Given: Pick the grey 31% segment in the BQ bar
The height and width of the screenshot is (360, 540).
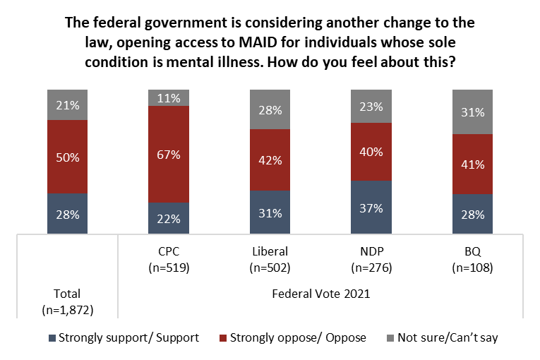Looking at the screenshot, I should point(472,112).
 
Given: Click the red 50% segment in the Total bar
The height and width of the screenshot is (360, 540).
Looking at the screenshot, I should point(68,156).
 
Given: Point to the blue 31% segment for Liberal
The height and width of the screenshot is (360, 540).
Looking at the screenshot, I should point(270,212).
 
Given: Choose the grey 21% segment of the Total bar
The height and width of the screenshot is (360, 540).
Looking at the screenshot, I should point(68,104).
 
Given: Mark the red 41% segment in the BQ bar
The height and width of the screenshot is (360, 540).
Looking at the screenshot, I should point(472,164).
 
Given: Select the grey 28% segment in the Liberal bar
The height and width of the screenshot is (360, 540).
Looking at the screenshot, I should point(270,109).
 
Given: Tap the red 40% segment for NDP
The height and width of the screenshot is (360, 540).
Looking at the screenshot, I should point(371,151).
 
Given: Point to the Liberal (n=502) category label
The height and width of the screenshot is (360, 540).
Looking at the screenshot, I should point(270,260).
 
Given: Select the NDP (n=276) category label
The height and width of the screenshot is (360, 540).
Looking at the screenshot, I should point(371,260).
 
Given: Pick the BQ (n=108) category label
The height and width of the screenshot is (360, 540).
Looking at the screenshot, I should point(472,260).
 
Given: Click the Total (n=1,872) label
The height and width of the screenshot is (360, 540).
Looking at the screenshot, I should point(68,301).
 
